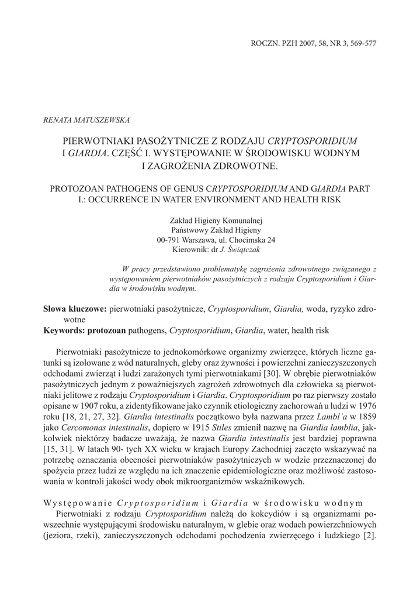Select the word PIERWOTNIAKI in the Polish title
click(103, 142)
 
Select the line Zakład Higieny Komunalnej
click(216, 221)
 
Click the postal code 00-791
click(169, 240)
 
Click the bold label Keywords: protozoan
click(85, 331)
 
